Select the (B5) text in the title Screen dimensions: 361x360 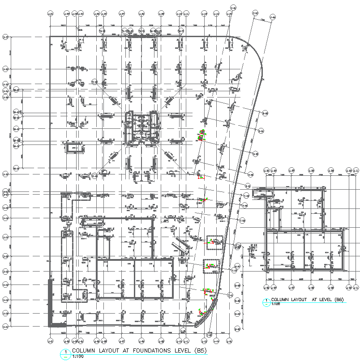[195, 350]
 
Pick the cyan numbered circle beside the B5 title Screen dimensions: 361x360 [65, 353]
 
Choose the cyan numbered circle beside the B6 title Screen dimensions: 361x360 [267, 302]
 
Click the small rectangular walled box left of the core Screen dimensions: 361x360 [75, 147]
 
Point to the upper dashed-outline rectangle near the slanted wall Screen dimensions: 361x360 [214, 242]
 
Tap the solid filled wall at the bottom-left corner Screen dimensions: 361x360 [51, 304]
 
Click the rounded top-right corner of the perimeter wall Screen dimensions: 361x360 [253, 49]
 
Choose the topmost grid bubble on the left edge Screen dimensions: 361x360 [6, 38]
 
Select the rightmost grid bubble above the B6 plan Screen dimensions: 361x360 [356, 170]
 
